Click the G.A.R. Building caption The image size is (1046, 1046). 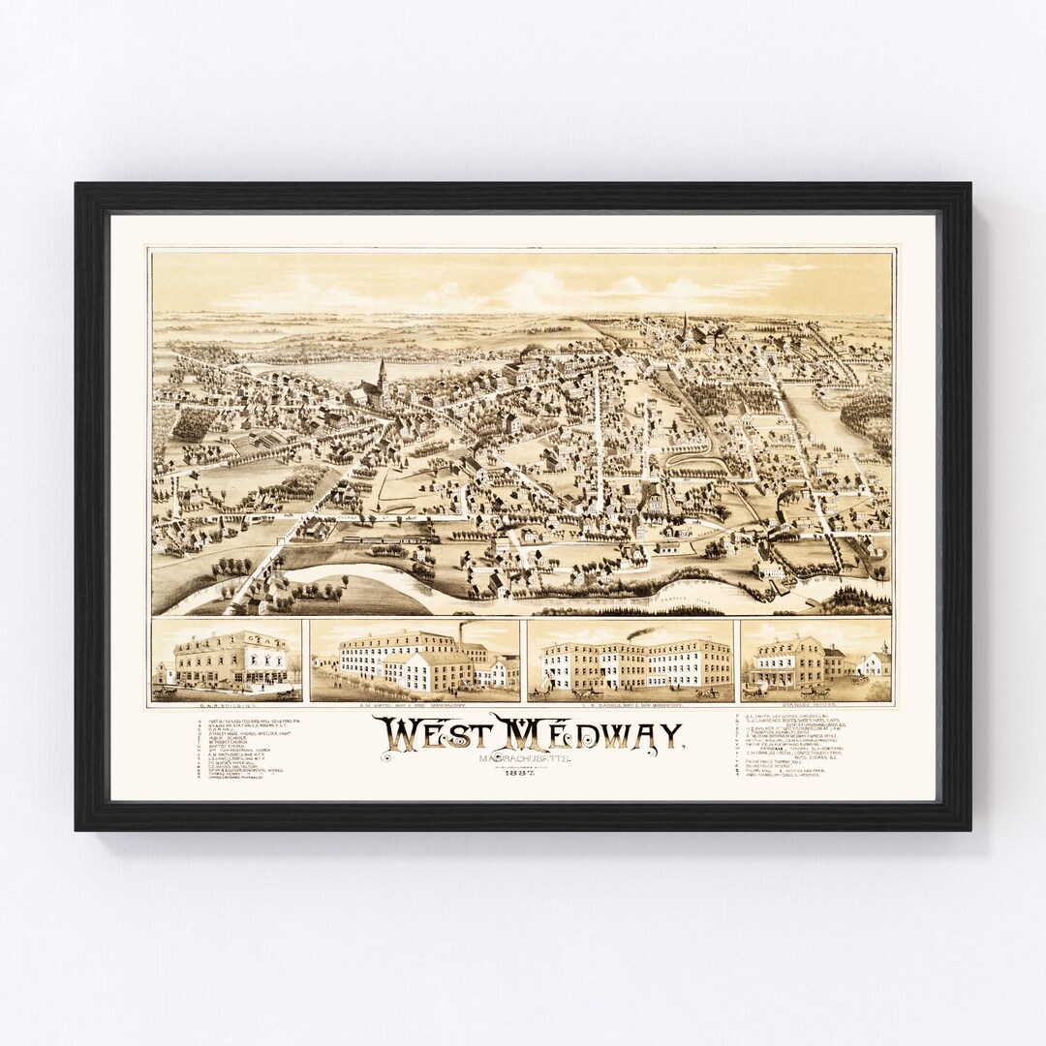coord(226,707)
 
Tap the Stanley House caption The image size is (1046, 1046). coord(815,707)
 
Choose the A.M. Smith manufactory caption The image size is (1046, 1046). coord(415,707)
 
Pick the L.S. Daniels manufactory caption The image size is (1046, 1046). coord(630,707)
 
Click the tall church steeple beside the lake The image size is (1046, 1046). coord(382,373)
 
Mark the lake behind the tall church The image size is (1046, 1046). coord(320,370)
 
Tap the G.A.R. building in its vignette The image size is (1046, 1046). coord(229,661)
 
